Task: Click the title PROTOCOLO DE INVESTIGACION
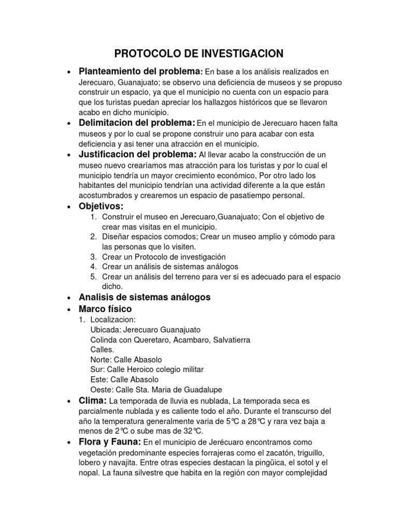[x=198, y=54]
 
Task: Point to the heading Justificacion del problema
[x=137, y=155]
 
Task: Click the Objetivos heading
[x=101, y=207]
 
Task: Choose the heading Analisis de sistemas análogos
[x=144, y=297]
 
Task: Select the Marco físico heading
[x=105, y=309]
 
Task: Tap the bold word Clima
[x=92, y=401]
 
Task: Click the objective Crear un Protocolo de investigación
[x=164, y=257]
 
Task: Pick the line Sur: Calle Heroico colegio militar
[x=147, y=370]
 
